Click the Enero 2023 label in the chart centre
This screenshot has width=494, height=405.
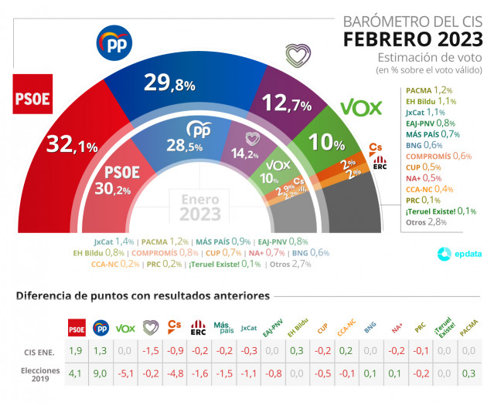click(x=200, y=207)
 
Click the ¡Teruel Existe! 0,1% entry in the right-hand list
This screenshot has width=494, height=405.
click(x=439, y=211)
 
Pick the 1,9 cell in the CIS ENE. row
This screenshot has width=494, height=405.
click(x=77, y=351)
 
